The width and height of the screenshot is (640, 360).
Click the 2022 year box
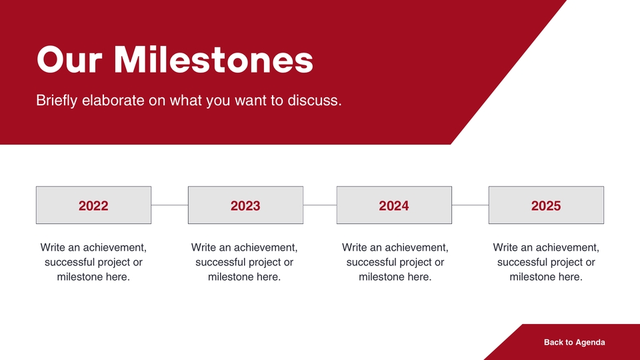tap(93, 205)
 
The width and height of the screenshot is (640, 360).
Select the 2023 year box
tap(245, 205)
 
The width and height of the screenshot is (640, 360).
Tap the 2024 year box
tap(394, 205)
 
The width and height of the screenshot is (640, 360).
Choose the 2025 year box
tap(546, 205)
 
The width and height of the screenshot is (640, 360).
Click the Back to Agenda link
tap(574, 343)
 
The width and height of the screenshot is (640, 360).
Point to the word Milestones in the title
tap(213, 59)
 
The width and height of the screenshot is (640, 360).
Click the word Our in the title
tap(69, 59)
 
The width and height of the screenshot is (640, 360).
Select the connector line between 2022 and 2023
tap(169, 205)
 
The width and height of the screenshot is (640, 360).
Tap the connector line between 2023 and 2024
tap(320, 205)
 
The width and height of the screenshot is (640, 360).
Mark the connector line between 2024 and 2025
tap(470, 205)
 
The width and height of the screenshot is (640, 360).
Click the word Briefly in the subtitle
tap(56, 101)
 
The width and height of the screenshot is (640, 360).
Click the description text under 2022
tap(93, 262)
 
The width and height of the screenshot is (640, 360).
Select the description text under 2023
tap(244, 262)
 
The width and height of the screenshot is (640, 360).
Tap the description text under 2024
tap(395, 262)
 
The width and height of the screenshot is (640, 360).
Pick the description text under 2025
tap(546, 262)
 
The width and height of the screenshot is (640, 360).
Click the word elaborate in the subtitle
tap(113, 101)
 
